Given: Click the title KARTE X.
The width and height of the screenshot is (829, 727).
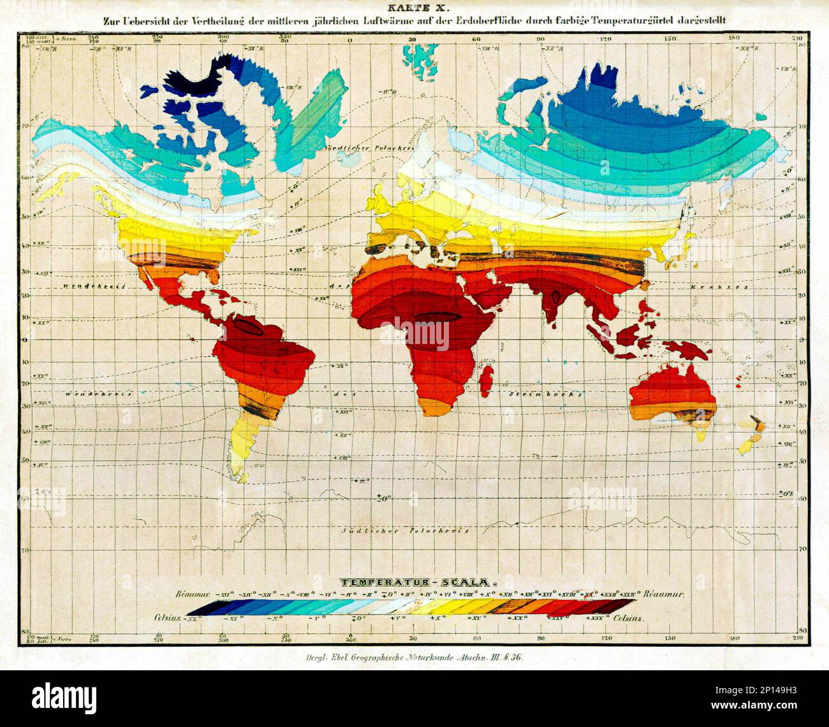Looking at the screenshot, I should (x=414, y=7).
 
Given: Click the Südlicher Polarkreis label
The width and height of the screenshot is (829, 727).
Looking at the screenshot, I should (x=406, y=530).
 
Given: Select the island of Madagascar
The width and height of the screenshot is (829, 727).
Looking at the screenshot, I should (x=488, y=377).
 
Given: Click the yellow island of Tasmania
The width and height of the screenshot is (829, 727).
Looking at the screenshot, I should (x=701, y=435).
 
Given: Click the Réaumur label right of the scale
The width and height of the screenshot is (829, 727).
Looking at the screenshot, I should (x=664, y=594).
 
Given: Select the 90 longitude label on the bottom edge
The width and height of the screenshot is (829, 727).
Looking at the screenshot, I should (x=540, y=638).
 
